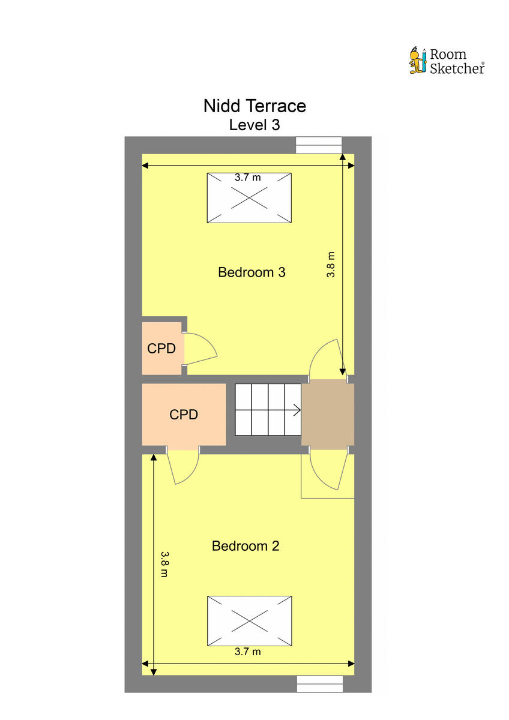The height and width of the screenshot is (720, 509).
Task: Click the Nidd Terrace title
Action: coord(254,106)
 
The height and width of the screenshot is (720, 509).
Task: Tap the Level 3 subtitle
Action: coord(254,125)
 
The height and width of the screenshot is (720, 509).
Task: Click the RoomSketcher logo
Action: coord(447,61)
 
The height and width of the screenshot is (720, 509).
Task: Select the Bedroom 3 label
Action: coord(251,272)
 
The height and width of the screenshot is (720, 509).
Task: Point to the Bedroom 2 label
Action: coord(245,546)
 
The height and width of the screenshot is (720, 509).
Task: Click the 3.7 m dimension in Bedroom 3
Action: coord(248,177)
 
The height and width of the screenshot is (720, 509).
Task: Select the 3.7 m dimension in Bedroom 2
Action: coord(248,652)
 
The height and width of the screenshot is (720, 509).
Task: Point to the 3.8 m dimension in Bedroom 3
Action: coord(331,264)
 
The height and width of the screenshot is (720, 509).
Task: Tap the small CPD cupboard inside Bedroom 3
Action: coord(161,348)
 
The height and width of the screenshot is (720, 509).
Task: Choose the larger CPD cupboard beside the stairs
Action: coord(184,414)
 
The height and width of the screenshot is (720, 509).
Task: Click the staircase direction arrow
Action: coord(295,411)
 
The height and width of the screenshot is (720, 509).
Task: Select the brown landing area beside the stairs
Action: coord(327,414)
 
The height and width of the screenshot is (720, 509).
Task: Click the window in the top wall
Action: coord(319,145)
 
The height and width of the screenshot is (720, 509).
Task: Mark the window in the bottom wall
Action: coord(319,684)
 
